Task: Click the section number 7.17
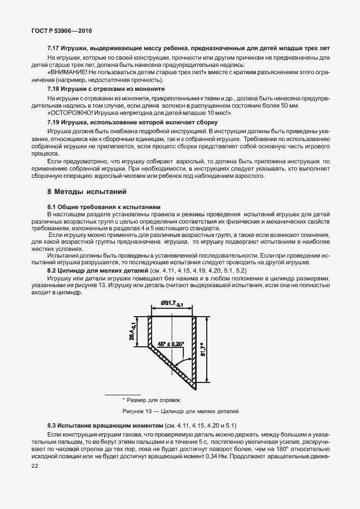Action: coord(54,49)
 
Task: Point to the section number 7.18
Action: coord(54,89)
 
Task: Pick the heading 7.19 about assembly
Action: coord(132,122)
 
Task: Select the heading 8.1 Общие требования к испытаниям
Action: coord(104,206)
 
